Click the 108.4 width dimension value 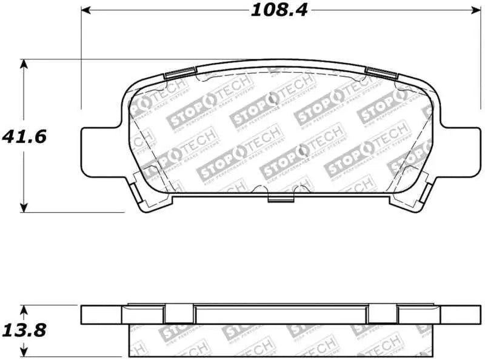point(277,11)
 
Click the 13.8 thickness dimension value point(24,331)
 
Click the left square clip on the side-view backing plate point(179,314)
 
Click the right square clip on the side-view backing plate point(382,314)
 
